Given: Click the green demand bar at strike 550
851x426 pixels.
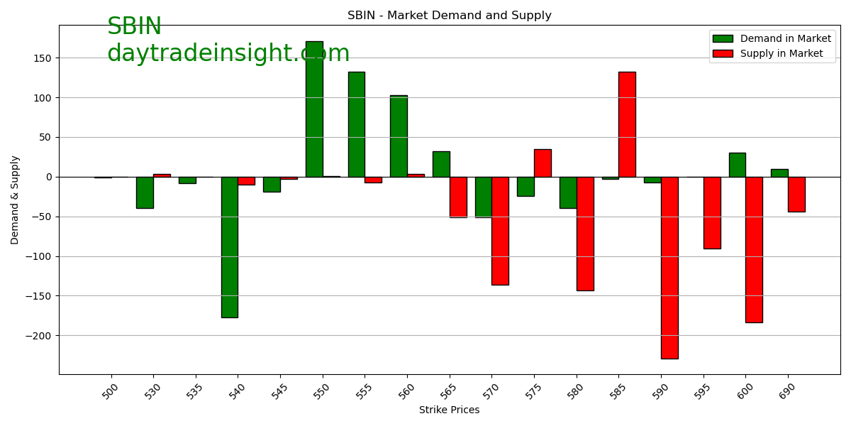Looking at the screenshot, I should pos(314,109).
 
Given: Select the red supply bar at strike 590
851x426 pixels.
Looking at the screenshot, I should pos(669,268).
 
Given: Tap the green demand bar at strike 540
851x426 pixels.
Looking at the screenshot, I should pos(229,247).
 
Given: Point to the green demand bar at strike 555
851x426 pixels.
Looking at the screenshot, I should pos(356,124).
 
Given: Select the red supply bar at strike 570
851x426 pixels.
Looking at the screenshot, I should pos(500,231).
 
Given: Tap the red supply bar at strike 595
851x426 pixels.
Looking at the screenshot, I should pos(712,212).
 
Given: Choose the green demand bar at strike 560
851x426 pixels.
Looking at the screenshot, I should pos(399,136).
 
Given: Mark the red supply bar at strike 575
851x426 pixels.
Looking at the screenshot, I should pos(543,163).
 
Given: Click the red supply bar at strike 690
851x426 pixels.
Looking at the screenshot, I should pos(796,194).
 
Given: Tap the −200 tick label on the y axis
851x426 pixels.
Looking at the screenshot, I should pos(40,336).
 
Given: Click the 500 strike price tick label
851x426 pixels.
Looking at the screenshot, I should pos(111,391).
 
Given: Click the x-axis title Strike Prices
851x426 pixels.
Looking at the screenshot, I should pos(449,410).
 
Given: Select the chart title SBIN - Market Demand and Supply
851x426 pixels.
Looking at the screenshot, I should pos(449,16).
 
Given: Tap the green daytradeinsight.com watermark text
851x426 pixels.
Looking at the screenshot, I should pos(228,54).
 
